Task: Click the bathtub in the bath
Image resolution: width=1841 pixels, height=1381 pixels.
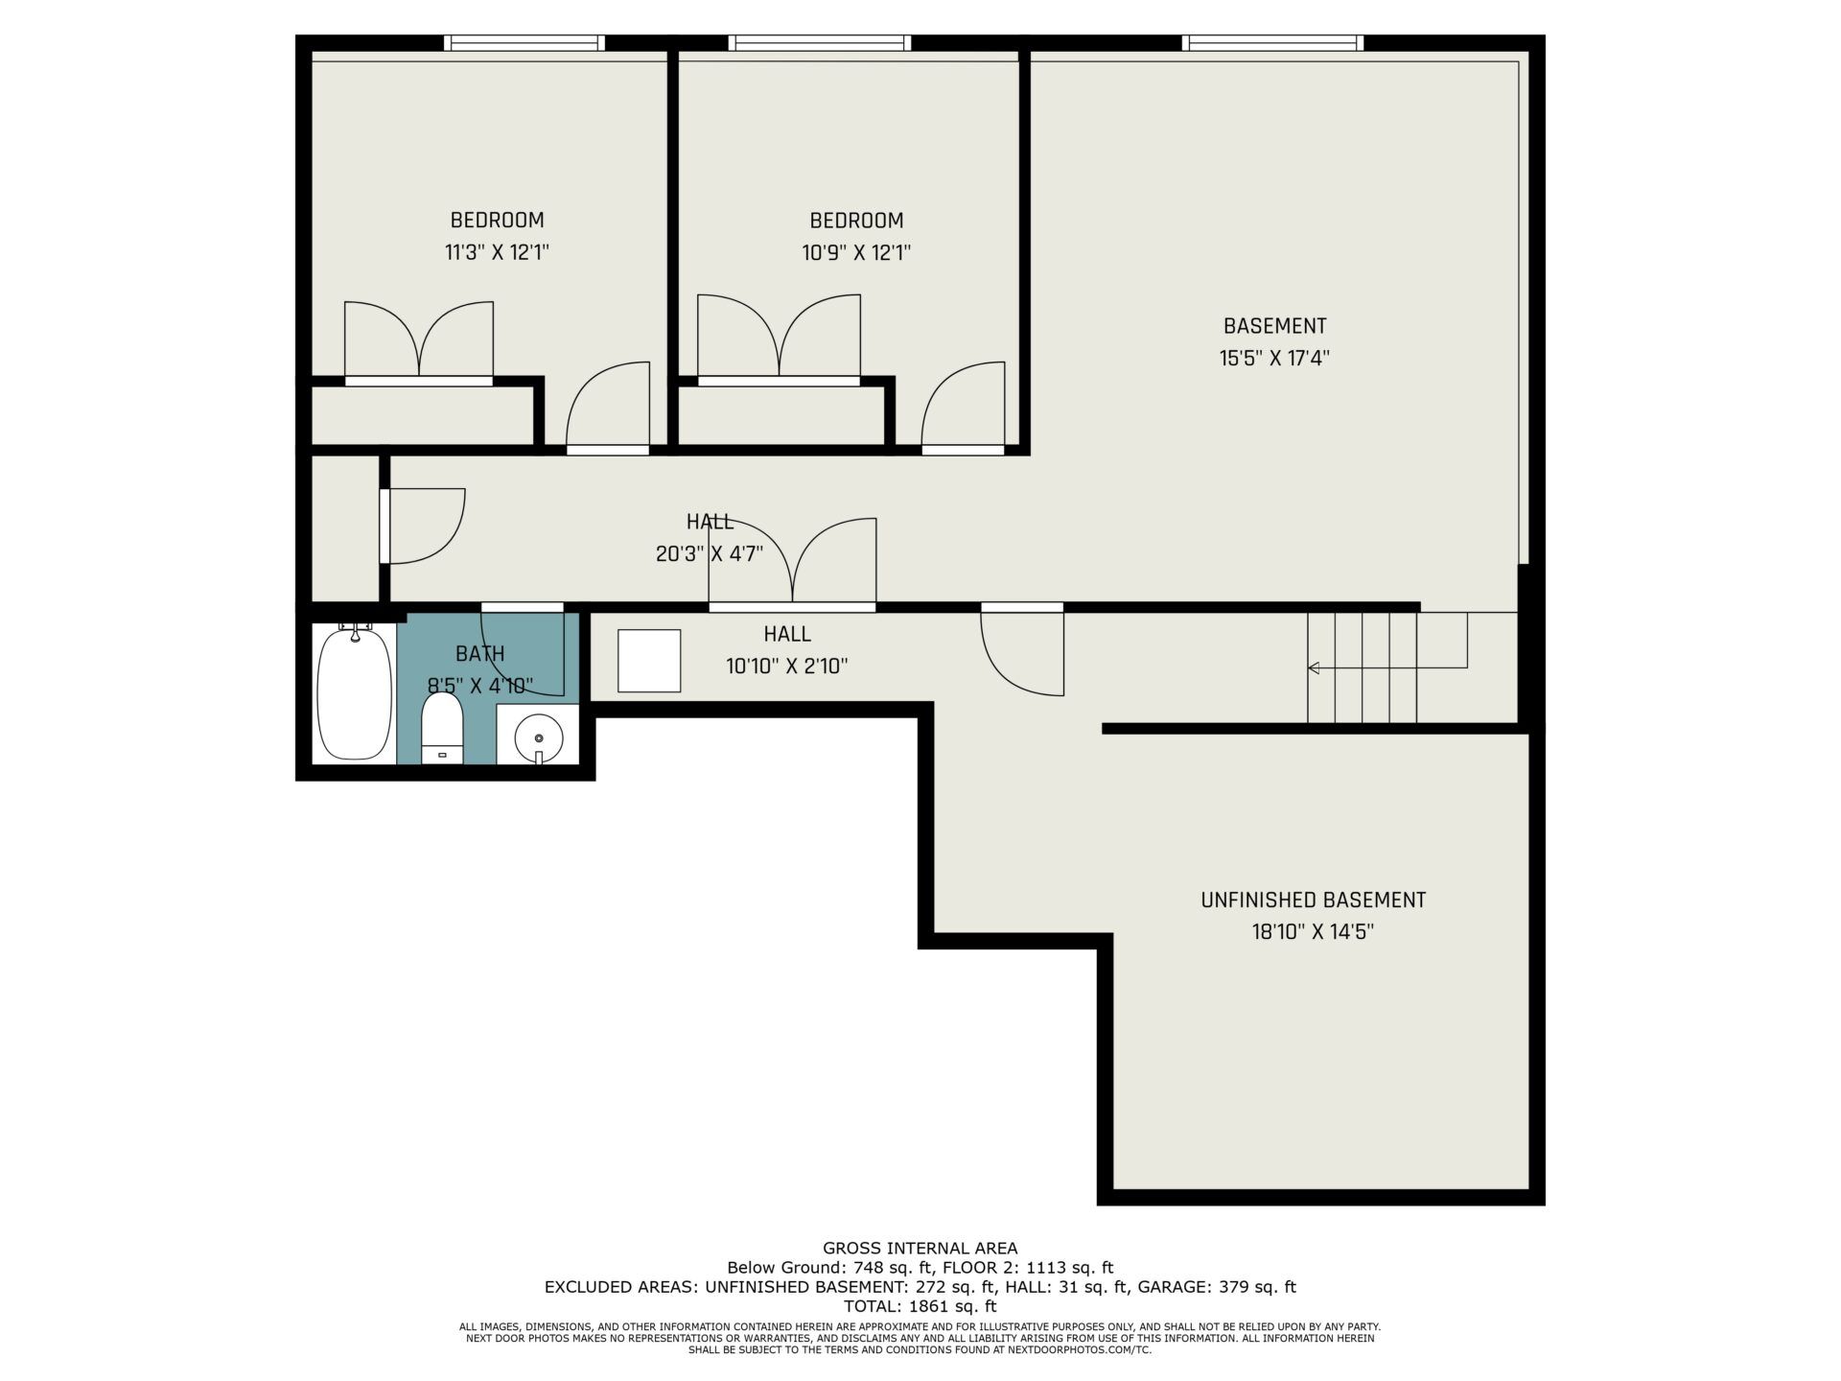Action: (355, 692)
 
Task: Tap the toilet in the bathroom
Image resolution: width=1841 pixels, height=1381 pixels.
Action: (442, 729)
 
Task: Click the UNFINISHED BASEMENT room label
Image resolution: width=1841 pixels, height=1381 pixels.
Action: (1313, 900)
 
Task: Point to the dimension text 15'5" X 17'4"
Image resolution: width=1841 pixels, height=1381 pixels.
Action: (1274, 359)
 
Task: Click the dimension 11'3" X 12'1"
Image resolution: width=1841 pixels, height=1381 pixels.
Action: (497, 253)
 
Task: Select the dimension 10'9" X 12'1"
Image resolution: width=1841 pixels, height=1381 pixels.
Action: (856, 253)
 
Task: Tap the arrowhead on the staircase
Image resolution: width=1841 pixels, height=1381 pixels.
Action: (1314, 667)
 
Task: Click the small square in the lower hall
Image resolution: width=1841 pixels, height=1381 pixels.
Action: (649, 661)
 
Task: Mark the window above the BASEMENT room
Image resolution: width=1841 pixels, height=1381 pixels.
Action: (1272, 42)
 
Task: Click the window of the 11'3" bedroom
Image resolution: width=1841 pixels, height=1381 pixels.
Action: (524, 42)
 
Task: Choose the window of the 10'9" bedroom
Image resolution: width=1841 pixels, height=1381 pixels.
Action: (820, 42)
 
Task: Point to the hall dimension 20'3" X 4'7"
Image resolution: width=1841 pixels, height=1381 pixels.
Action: (710, 554)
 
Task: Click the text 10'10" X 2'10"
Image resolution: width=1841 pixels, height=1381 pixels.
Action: (787, 667)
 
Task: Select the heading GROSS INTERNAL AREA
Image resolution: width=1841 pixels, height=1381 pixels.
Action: (920, 1248)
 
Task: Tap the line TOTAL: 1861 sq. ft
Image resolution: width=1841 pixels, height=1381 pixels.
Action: (920, 1306)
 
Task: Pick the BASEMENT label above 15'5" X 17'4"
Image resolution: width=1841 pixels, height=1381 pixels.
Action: (1274, 326)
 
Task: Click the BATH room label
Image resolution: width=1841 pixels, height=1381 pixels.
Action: (480, 654)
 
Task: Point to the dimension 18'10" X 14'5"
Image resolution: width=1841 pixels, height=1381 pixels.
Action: (1313, 932)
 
